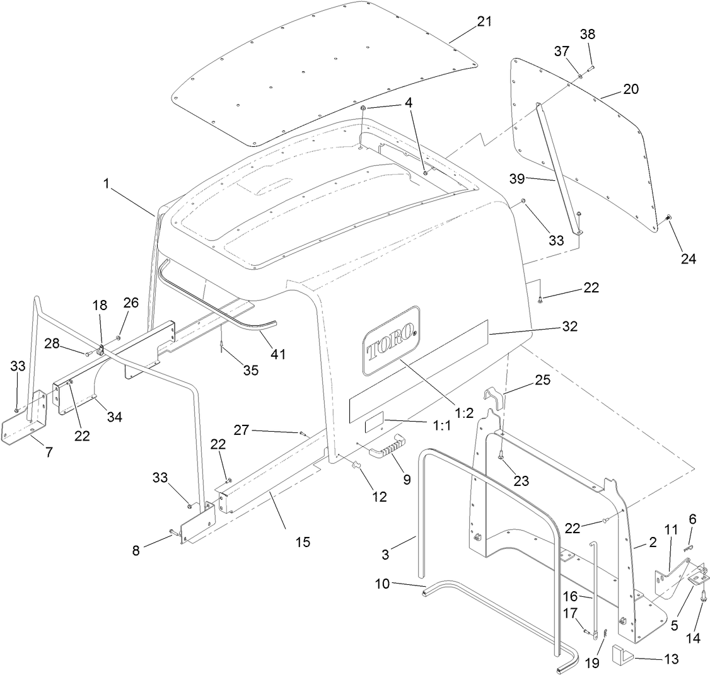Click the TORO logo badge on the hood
[x=391, y=340]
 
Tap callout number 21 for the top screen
[x=484, y=21]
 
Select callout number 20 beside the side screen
[x=631, y=89]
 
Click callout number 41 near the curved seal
[x=278, y=354]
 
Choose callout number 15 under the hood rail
[x=303, y=541]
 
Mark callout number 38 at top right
[x=587, y=35]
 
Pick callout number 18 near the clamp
[x=100, y=305]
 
